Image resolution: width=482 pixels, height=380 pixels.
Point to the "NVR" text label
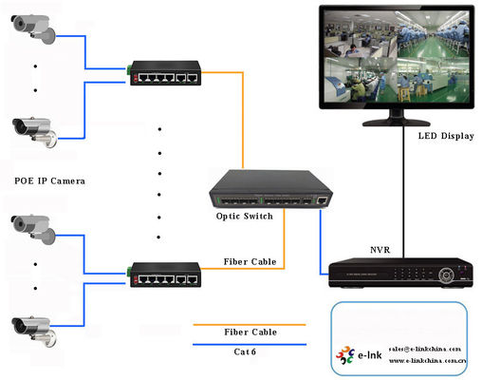click(381, 251)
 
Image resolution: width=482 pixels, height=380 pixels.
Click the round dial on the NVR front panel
click(448, 275)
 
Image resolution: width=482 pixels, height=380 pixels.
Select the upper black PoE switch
click(165, 72)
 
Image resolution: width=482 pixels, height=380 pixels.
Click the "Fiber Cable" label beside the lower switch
click(250, 261)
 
